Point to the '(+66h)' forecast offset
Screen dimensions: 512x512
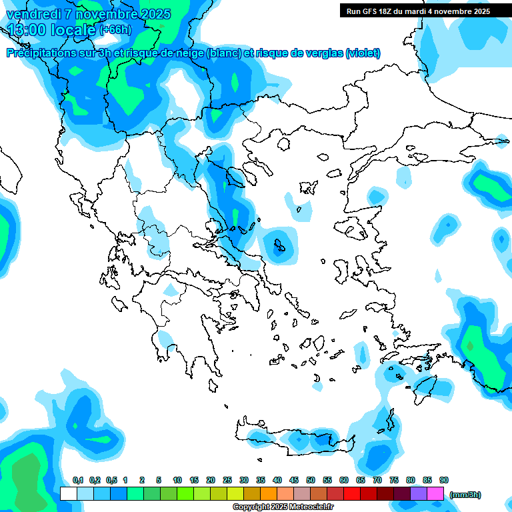[115, 30]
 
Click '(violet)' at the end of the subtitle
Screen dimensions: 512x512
[363, 53]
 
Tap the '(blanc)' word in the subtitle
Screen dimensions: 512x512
[225, 53]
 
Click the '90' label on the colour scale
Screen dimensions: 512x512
[444, 481]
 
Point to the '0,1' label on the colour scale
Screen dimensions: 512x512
[77, 481]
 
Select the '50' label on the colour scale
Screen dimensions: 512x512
[311, 481]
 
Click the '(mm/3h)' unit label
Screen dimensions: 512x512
[465, 495]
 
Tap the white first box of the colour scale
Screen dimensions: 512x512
[68, 494]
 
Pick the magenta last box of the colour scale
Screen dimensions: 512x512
[435, 494]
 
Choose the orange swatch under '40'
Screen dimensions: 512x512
[269, 494]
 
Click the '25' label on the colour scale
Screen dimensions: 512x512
[227, 481]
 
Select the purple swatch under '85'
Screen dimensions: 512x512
[419, 494]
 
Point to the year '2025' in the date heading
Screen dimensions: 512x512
[153, 14]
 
